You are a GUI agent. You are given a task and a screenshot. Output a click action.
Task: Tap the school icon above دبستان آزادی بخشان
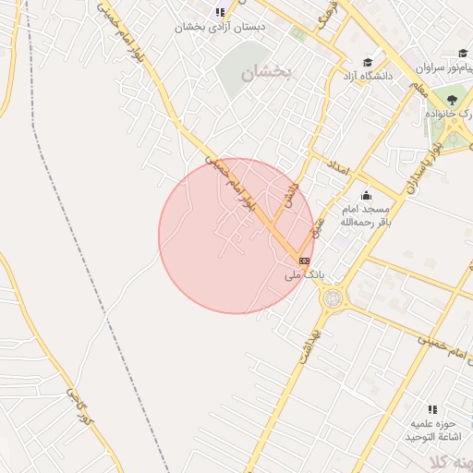coord(220,12)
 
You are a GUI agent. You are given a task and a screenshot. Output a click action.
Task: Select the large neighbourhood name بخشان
coord(266,72)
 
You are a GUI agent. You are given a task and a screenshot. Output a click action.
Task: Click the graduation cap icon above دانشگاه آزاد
coord(368,62)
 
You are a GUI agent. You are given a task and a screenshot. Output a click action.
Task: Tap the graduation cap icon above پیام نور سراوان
coord(462,55)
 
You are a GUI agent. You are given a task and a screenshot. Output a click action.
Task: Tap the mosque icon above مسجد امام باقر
coord(366,195)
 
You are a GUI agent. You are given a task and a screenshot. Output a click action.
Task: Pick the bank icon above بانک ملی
coord(304,261)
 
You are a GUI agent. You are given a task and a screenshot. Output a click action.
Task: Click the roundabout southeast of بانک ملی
coord(332,298)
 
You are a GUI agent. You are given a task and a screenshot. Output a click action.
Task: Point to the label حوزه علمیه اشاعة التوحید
coord(431,430)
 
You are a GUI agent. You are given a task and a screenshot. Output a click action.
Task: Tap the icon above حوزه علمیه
coord(431,409)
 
